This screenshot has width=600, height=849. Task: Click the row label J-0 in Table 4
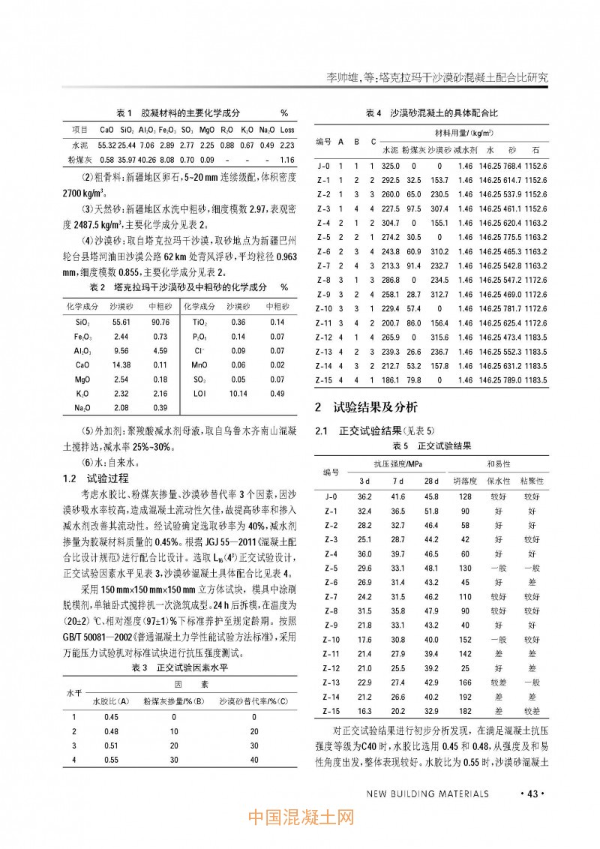[324, 165]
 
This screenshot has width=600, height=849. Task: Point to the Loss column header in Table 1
[286, 129]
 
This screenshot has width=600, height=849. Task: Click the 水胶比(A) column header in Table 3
[111, 702]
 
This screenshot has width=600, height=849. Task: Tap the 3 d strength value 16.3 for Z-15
[364, 710]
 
